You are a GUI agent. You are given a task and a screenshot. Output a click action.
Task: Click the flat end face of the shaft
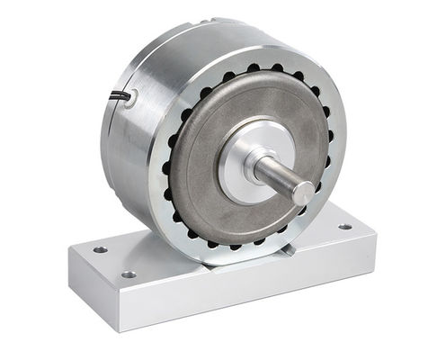tap(304, 193)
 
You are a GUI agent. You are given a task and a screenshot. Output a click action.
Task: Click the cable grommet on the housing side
tap(132, 99)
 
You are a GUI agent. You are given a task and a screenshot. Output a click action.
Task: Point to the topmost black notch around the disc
tap(254, 67)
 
